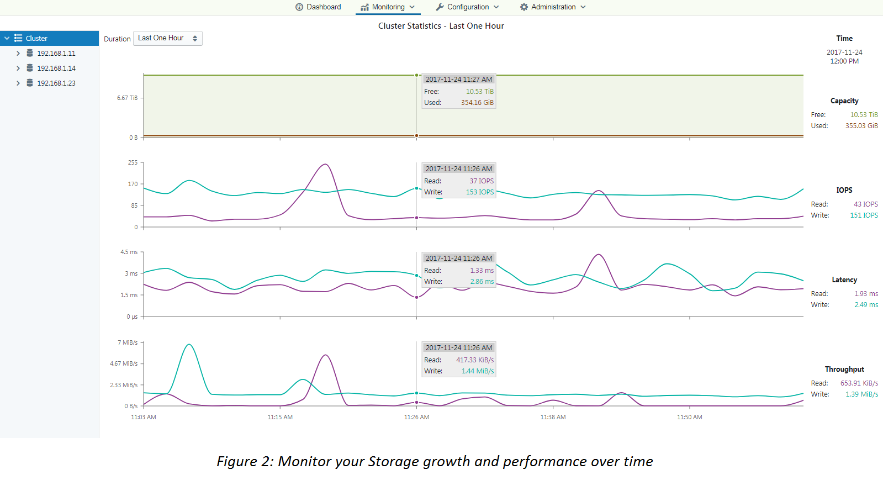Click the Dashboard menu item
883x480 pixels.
(318, 7)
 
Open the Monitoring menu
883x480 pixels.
(388, 7)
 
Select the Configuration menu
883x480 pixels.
(467, 7)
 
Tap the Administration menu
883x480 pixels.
(553, 7)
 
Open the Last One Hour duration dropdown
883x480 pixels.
(168, 38)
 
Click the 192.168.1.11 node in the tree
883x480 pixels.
(56, 54)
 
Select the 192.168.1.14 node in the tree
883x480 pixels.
(56, 68)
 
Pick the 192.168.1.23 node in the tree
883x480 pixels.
(56, 83)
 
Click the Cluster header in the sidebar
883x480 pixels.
(36, 39)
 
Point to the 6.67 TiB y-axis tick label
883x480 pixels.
(127, 98)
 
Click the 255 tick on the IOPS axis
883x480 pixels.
(133, 162)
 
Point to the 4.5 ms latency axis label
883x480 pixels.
(129, 252)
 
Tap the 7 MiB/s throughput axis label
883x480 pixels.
(128, 342)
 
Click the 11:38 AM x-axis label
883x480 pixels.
(553, 417)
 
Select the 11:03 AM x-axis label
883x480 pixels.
(144, 417)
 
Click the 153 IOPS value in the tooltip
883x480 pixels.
(479, 192)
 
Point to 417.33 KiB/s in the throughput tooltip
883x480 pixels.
(475, 360)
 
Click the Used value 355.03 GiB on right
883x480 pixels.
(861, 126)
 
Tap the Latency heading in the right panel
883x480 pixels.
(844, 280)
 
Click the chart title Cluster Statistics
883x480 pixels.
(441, 26)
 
